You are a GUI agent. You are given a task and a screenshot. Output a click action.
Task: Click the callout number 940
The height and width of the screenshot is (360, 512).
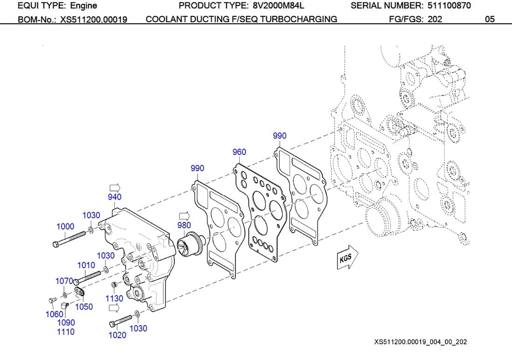click(x=115, y=197)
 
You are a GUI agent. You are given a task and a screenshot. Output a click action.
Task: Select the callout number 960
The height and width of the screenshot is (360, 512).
click(x=239, y=152)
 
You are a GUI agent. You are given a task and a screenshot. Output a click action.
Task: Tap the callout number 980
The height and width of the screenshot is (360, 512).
click(x=184, y=225)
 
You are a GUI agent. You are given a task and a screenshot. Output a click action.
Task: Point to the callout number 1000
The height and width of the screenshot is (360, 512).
click(x=65, y=227)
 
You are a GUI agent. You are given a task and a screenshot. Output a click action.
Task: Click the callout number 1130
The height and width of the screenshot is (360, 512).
click(x=114, y=298)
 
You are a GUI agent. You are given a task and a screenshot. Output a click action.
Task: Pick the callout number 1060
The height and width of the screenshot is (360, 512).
click(x=54, y=314)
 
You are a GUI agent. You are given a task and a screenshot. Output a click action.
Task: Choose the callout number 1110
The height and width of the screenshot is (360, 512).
click(x=65, y=332)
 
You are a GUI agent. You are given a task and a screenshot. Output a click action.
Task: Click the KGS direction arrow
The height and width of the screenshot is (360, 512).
click(x=347, y=258)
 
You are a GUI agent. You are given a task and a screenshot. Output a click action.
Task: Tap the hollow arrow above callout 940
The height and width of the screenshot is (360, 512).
click(x=115, y=186)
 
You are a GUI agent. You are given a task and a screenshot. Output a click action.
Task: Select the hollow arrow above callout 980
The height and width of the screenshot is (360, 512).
click(x=185, y=215)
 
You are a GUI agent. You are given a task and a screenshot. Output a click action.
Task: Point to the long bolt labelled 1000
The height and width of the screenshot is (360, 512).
click(x=70, y=238)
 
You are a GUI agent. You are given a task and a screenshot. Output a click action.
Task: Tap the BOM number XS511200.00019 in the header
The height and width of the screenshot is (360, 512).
click(x=94, y=20)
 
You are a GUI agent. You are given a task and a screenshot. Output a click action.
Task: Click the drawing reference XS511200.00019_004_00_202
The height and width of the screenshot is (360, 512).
click(x=420, y=342)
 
